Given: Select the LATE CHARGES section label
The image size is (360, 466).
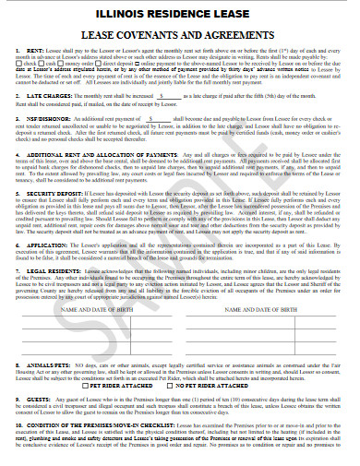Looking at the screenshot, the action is (x=49, y=95).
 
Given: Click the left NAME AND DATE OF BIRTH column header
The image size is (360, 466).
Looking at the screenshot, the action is (x=96, y=311).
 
